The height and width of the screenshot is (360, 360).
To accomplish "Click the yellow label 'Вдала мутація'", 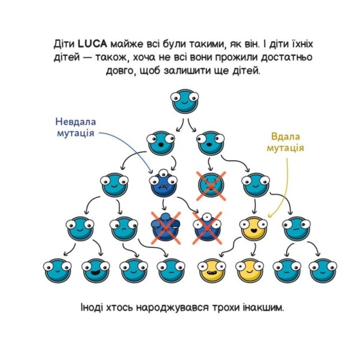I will point(285,143).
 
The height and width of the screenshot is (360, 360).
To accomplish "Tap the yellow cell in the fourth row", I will point(253,229).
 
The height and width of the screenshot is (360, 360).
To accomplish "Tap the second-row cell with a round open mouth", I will point(161,143).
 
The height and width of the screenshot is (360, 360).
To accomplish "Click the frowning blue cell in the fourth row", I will point(124,229).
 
